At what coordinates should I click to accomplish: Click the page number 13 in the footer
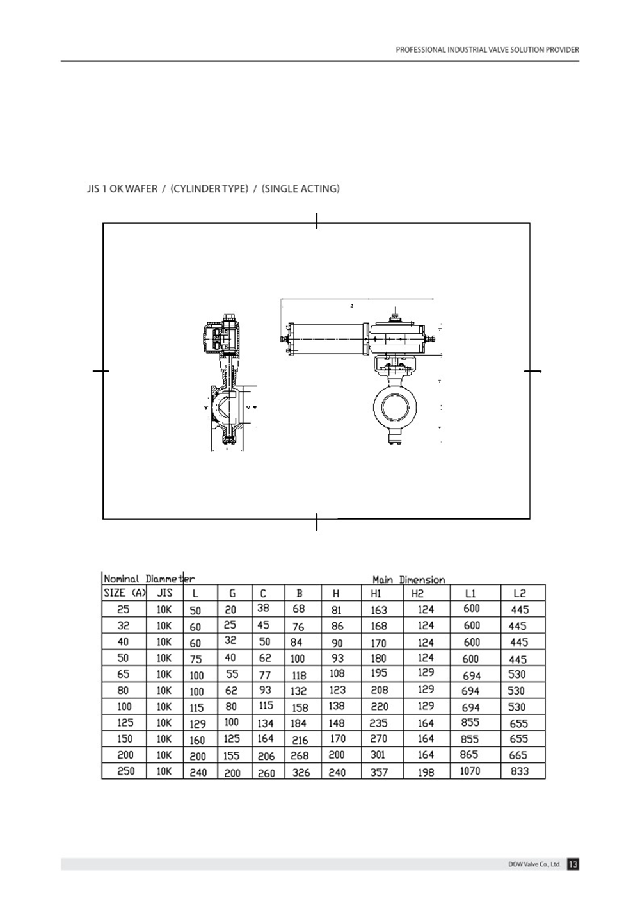[573, 864]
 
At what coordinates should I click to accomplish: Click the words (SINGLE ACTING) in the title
[300, 188]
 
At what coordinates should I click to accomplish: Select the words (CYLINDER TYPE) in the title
[209, 188]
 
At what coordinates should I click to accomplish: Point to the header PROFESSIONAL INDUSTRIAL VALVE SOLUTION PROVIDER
[487, 49]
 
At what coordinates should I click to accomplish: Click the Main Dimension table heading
[408, 580]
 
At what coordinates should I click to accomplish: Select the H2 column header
[417, 594]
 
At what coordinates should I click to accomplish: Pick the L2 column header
[520, 594]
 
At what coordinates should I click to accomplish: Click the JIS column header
[164, 593]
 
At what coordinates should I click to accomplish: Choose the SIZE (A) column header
[125, 593]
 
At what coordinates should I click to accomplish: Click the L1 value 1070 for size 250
[470, 771]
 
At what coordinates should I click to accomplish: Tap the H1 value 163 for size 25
[379, 610]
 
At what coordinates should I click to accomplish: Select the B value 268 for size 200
[300, 756]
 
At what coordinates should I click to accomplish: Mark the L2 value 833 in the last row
[520, 771]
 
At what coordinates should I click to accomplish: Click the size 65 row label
[124, 674]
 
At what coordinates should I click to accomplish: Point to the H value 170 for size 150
[337, 739]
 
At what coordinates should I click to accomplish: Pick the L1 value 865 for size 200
[469, 755]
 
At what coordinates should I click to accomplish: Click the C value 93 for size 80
[265, 690]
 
